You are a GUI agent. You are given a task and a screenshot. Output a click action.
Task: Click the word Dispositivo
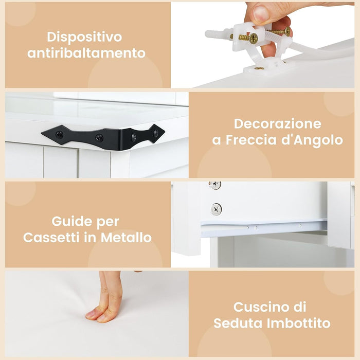click(84, 37)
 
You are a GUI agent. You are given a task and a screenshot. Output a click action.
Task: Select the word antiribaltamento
click(86, 53)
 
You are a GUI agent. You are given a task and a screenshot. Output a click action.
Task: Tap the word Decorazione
click(277, 124)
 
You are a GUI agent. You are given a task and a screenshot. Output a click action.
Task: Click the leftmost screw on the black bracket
click(59, 135)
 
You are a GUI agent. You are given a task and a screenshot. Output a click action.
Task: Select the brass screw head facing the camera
click(253, 38)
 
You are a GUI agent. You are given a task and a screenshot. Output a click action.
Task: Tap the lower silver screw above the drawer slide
click(216, 209)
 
